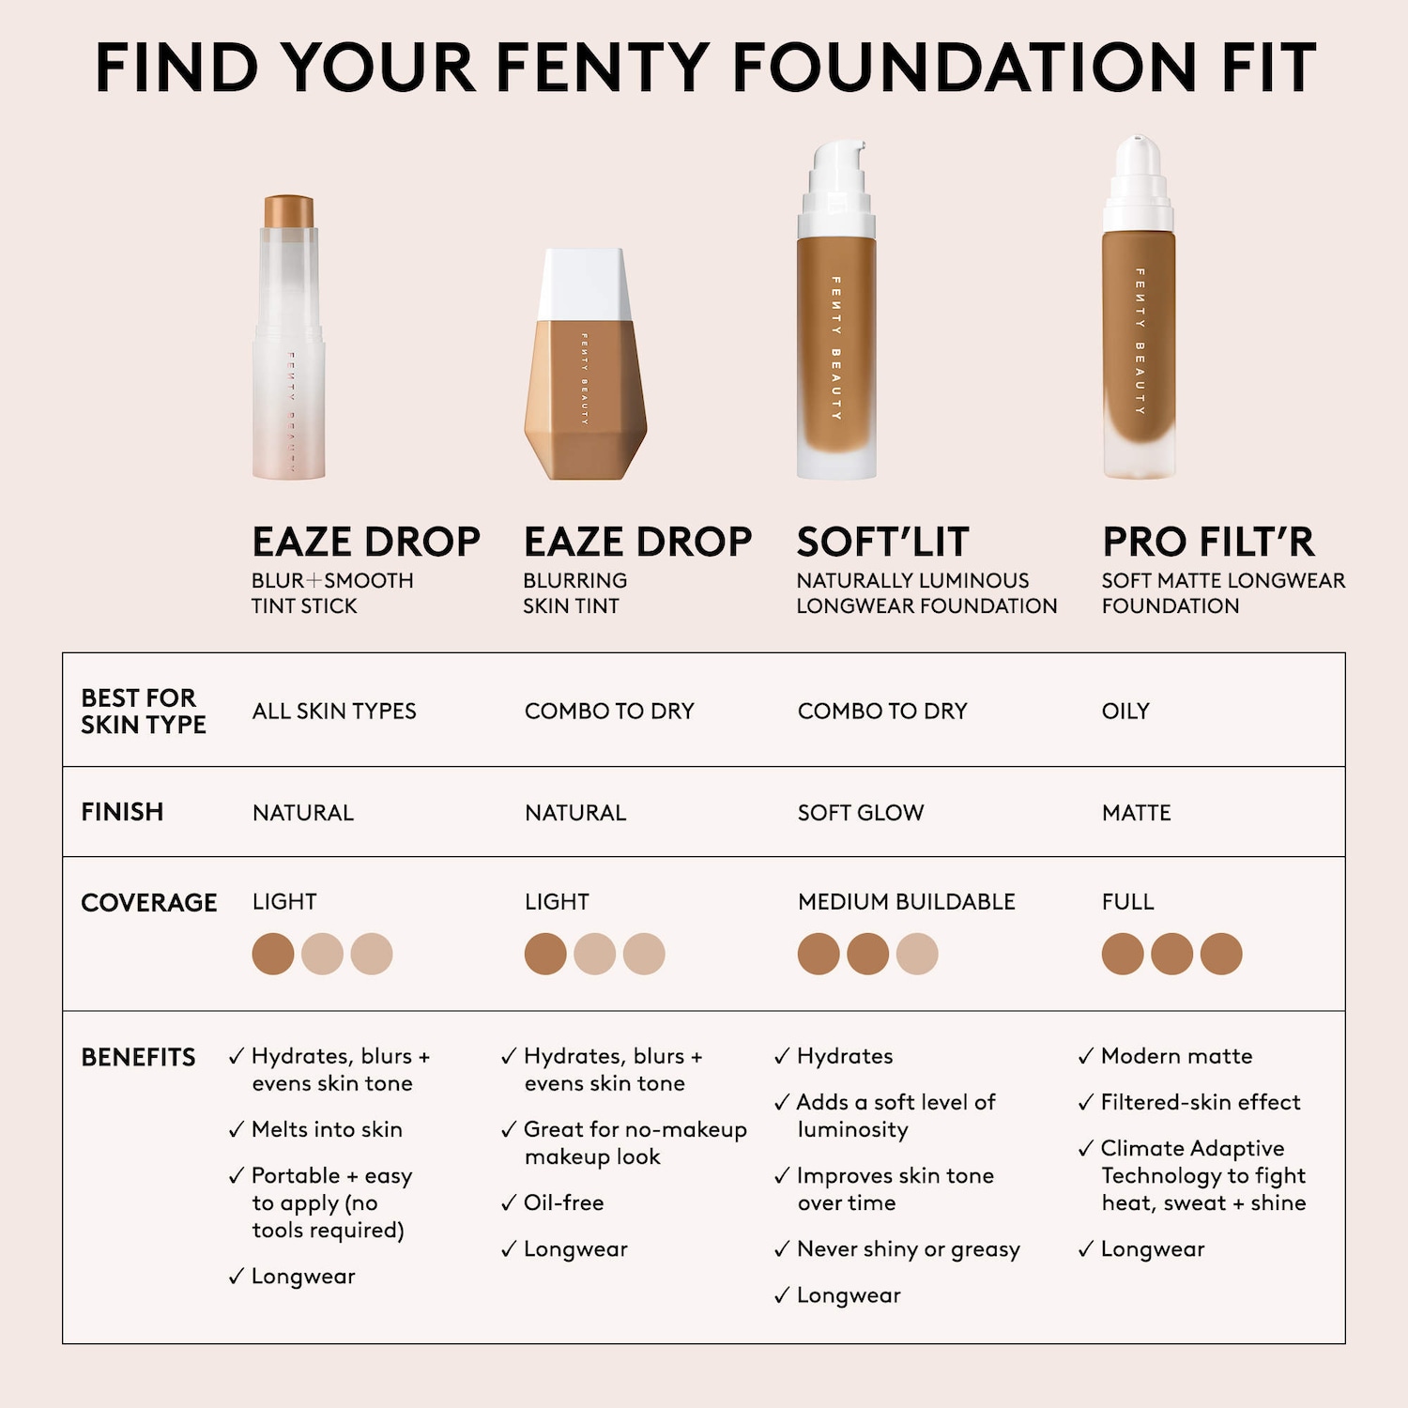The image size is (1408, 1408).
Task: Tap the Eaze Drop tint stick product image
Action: point(289,337)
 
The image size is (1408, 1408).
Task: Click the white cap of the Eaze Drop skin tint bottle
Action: point(585,284)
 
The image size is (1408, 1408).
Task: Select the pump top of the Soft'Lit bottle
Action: point(836,188)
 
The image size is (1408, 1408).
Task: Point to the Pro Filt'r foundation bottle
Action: point(1139,307)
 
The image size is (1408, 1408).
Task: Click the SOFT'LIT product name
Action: point(882,542)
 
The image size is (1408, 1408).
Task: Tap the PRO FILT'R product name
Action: point(1208,542)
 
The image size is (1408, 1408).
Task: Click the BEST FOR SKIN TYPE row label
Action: point(143,711)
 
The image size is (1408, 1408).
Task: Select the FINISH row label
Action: point(122,811)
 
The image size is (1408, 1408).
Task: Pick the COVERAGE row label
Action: point(148,902)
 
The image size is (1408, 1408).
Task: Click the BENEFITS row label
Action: point(138,1057)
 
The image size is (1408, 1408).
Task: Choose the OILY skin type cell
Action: point(1125,711)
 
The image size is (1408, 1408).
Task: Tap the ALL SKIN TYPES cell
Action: point(334,711)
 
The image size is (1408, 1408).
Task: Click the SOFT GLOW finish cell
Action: point(861,812)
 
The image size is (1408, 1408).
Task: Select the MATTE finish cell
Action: point(1137,812)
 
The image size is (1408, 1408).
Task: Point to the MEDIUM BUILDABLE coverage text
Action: point(907,901)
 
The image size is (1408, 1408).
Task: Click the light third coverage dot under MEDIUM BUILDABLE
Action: point(917,954)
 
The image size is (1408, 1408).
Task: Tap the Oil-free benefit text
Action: point(564,1202)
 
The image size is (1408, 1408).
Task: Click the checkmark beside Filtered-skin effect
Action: point(1086,1103)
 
